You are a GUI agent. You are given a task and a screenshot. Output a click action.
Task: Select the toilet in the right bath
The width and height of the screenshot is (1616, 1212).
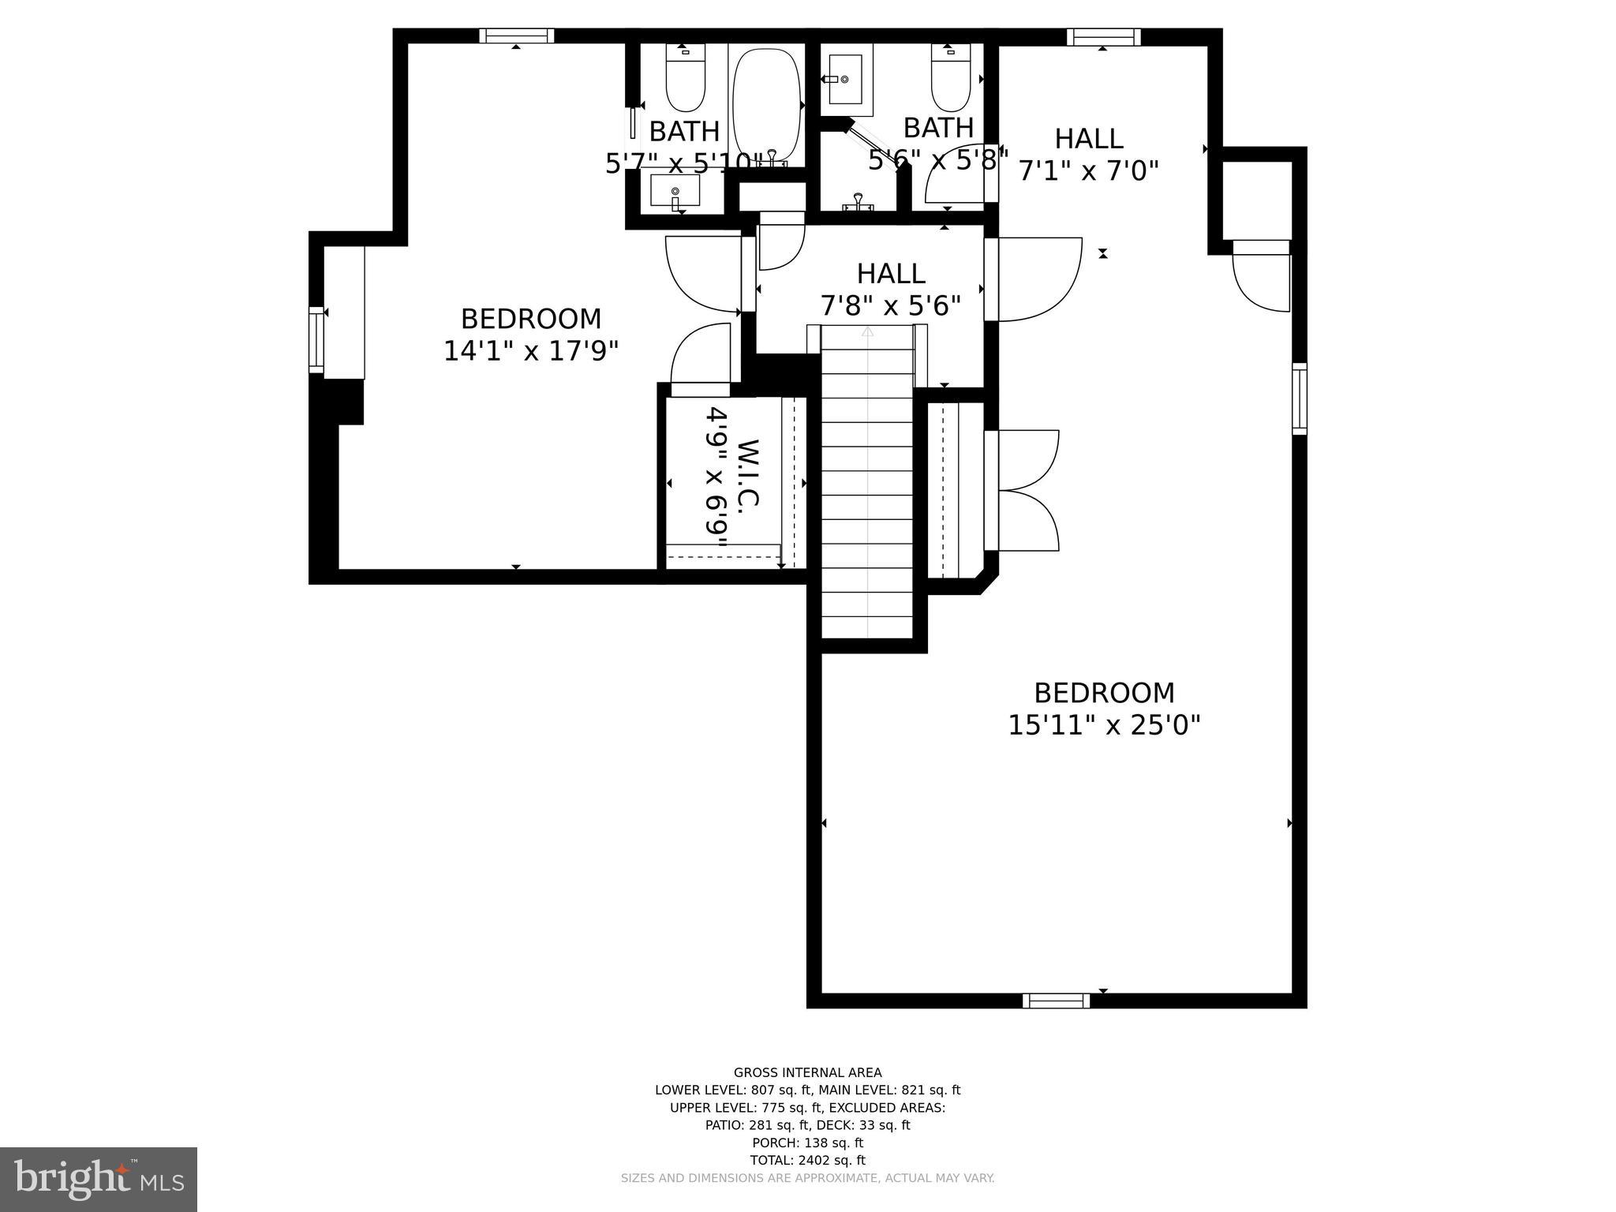click(951, 79)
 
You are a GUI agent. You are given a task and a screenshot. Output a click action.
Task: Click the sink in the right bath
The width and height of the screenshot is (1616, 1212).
click(847, 80)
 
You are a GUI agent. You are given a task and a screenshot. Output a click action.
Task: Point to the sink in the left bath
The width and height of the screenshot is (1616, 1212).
click(675, 192)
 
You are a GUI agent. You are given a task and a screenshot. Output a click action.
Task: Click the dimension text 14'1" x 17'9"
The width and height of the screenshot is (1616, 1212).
click(530, 350)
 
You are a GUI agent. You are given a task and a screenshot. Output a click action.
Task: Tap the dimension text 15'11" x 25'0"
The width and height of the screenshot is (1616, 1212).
click(1104, 724)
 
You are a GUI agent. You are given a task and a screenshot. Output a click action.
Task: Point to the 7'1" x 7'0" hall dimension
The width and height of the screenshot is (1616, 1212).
click(1089, 170)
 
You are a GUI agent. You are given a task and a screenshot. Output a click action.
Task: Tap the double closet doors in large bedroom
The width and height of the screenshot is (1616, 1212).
click(1026, 490)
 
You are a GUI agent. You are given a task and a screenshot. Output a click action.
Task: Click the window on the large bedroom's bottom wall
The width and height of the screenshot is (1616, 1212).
click(1056, 1001)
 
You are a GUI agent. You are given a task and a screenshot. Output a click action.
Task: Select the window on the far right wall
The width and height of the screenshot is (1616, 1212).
click(1299, 398)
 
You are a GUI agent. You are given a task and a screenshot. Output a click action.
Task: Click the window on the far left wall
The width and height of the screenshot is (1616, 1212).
click(316, 339)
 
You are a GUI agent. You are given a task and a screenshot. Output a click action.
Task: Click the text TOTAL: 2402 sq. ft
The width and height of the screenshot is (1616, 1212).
click(807, 1160)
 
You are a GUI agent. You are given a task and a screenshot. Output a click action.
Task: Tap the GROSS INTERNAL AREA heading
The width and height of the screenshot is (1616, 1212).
click(807, 1072)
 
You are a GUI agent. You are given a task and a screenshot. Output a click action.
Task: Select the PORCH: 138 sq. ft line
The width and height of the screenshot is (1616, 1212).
click(807, 1143)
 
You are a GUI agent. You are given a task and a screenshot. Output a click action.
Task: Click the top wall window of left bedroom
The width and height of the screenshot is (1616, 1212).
click(516, 36)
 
